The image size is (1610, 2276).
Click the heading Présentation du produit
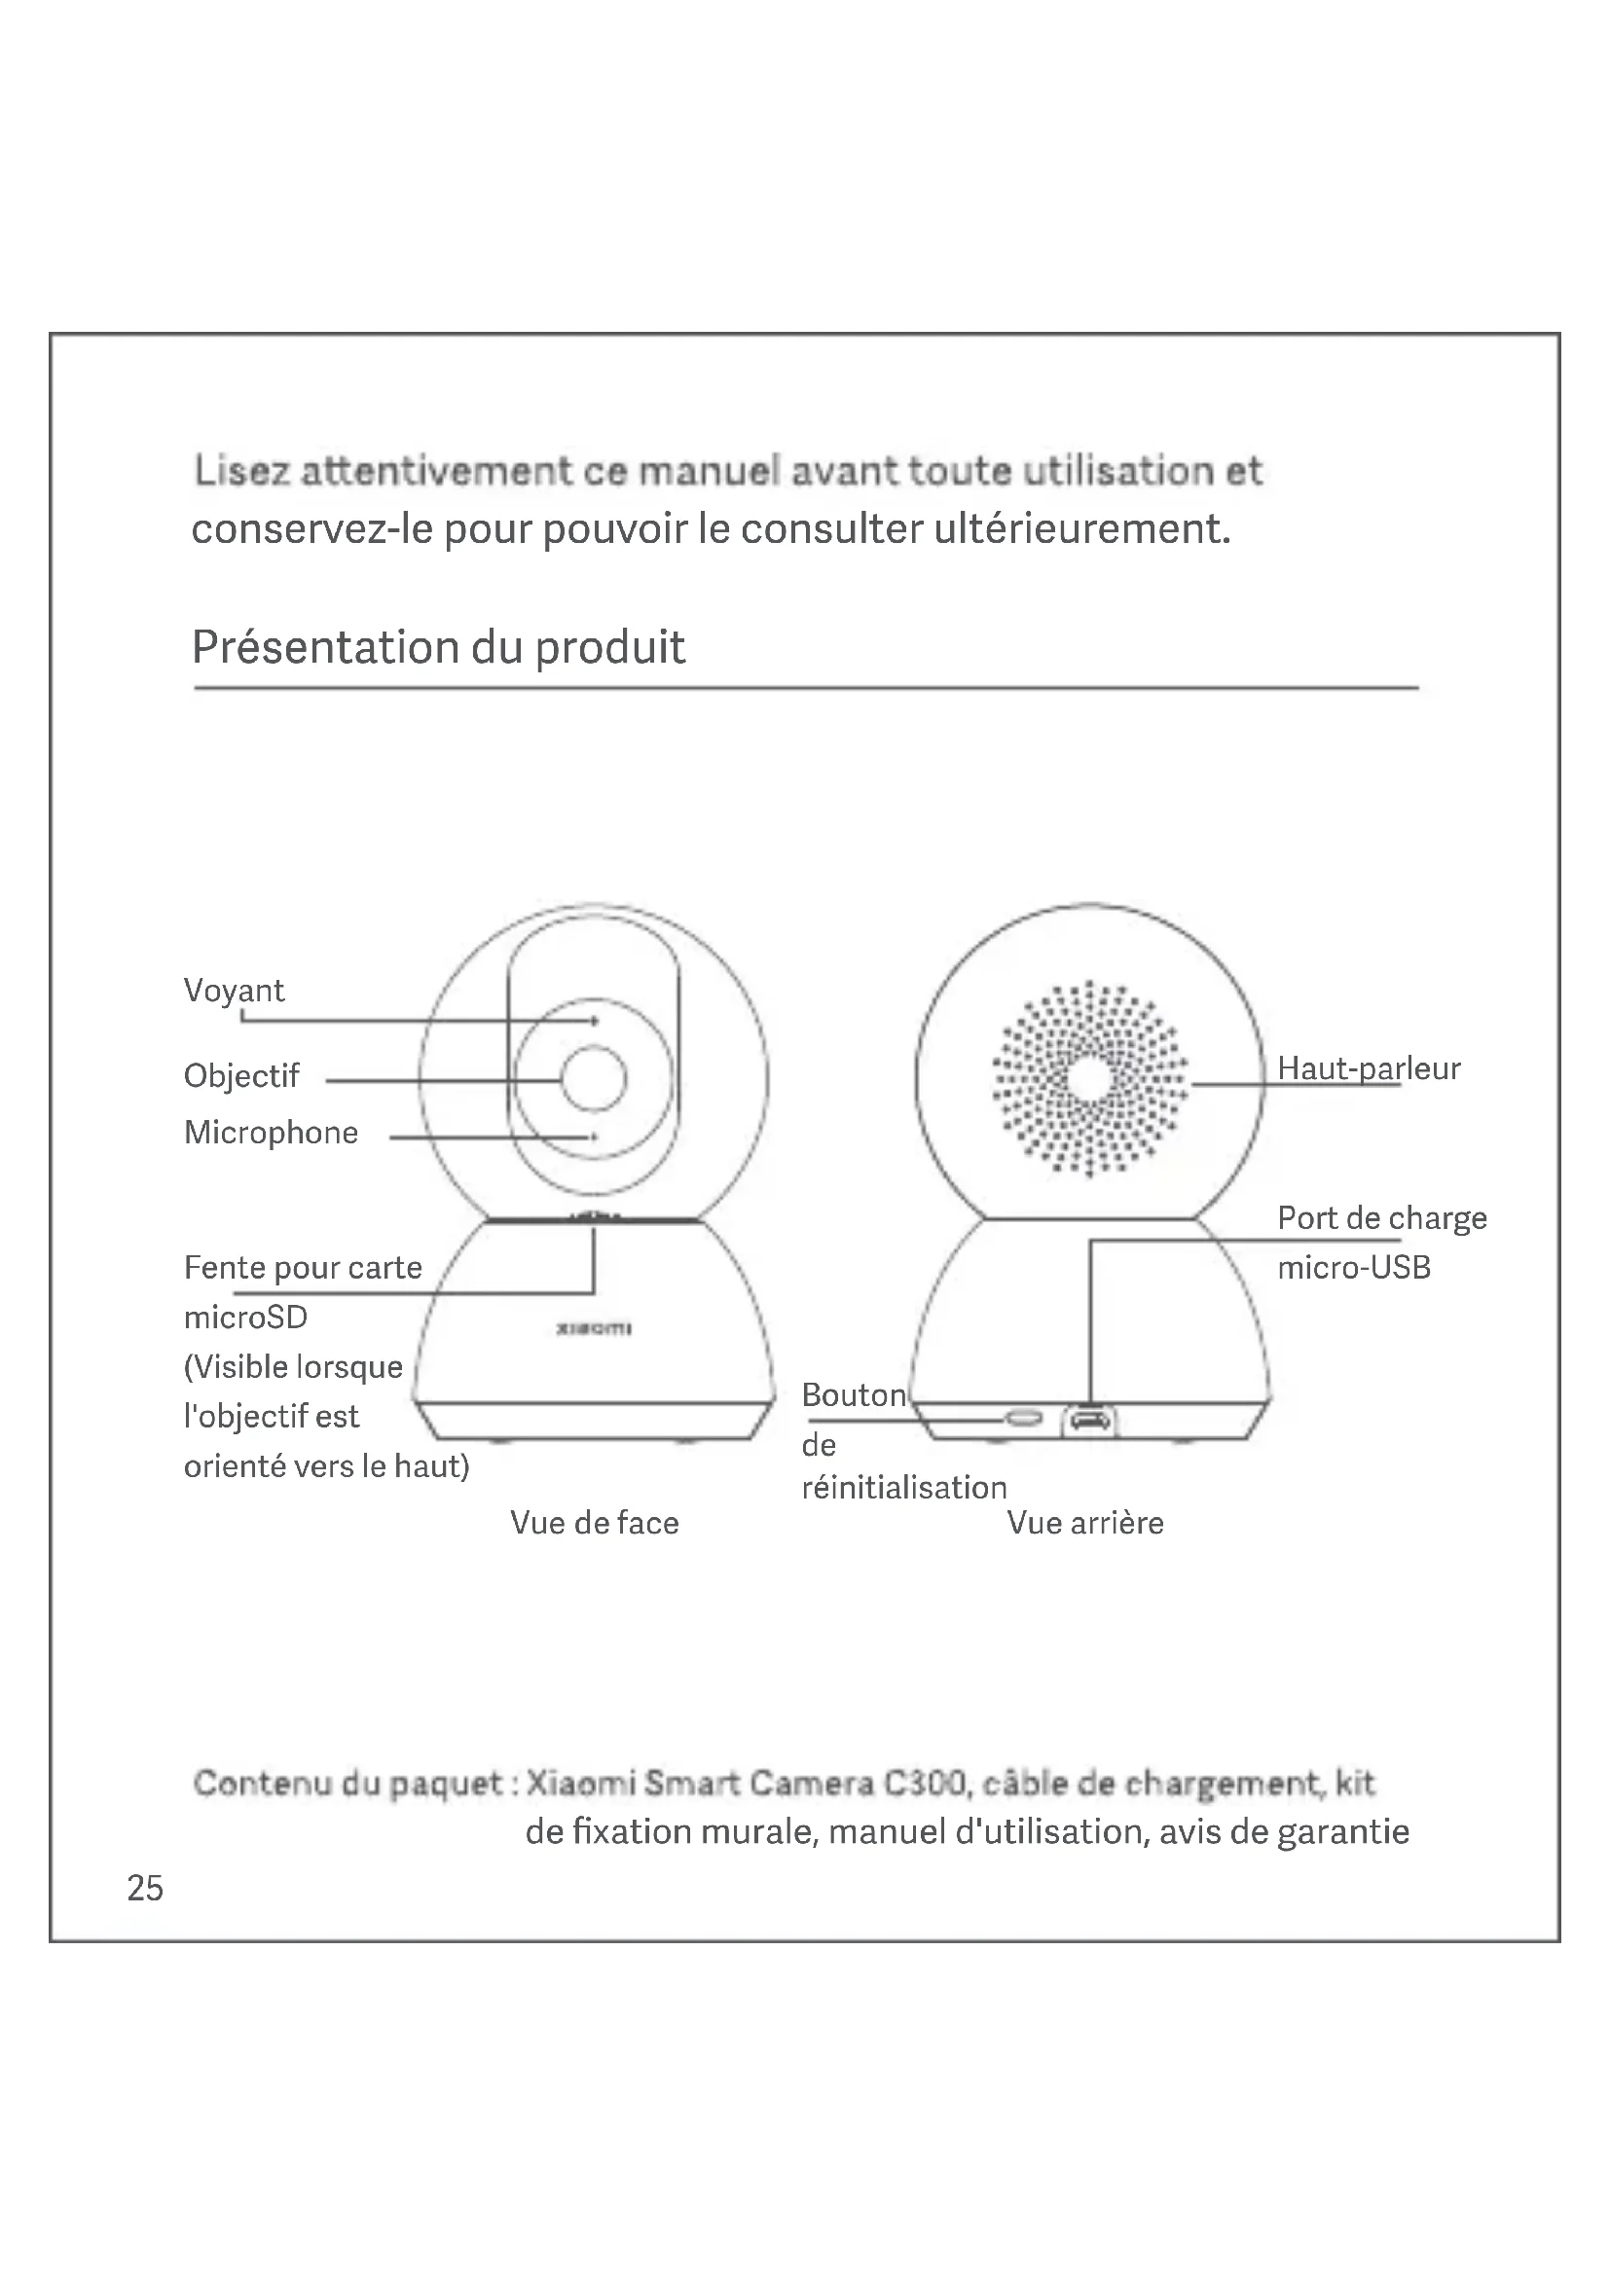point(438,647)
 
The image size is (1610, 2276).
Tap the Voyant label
point(234,991)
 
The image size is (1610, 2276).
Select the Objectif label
point(240,1075)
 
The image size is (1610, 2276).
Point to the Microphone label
point(271,1132)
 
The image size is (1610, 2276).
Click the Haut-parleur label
point(1368,1068)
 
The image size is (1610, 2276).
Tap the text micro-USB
point(1353,1268)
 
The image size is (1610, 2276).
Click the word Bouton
point(854,1395)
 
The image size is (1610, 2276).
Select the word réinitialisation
point(904,1487)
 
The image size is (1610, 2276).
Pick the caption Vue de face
point(595,1523)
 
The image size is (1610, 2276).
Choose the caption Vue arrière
point(1085,1523)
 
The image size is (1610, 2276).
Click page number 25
point(145,1889)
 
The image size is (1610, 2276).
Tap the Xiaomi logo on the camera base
point(594,1328)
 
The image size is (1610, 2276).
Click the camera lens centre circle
point(594,1078)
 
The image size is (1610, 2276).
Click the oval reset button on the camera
point(1024,1420)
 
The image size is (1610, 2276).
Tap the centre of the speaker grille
point(1089,1078)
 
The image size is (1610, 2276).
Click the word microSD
point(246,1318)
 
